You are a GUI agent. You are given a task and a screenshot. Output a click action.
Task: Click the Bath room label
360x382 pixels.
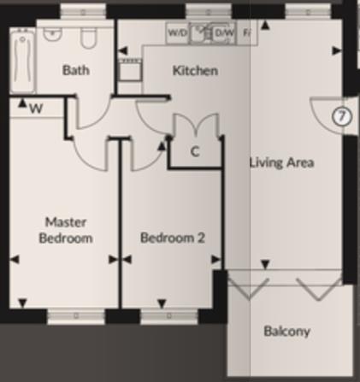(76, 70)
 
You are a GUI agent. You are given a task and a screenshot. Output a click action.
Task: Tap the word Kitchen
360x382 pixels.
(195, 70)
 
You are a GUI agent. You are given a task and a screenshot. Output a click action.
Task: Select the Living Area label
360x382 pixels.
(281, 162)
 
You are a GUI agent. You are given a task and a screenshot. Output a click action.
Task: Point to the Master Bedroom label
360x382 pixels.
(66, 230)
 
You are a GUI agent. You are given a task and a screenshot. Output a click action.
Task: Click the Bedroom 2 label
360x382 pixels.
(173, 238)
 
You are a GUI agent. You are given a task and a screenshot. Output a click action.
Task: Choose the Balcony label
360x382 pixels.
(286, 331)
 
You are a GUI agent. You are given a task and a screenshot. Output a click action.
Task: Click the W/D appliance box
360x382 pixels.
(177, 32)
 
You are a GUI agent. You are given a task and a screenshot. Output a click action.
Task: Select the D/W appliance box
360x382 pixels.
(224, 32)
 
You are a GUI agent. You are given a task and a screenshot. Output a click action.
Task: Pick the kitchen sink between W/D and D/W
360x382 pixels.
(201, 32)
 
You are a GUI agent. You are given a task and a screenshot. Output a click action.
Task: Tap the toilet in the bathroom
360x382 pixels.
(88, 38)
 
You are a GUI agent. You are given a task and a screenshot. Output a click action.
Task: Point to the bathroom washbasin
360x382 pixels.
(53, 35)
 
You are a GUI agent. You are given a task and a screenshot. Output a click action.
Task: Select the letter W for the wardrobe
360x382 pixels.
(36, 109)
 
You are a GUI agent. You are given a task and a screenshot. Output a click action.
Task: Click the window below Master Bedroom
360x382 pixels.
(75, 316)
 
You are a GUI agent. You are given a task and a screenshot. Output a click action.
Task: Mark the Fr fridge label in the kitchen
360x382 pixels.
(247, 32)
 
